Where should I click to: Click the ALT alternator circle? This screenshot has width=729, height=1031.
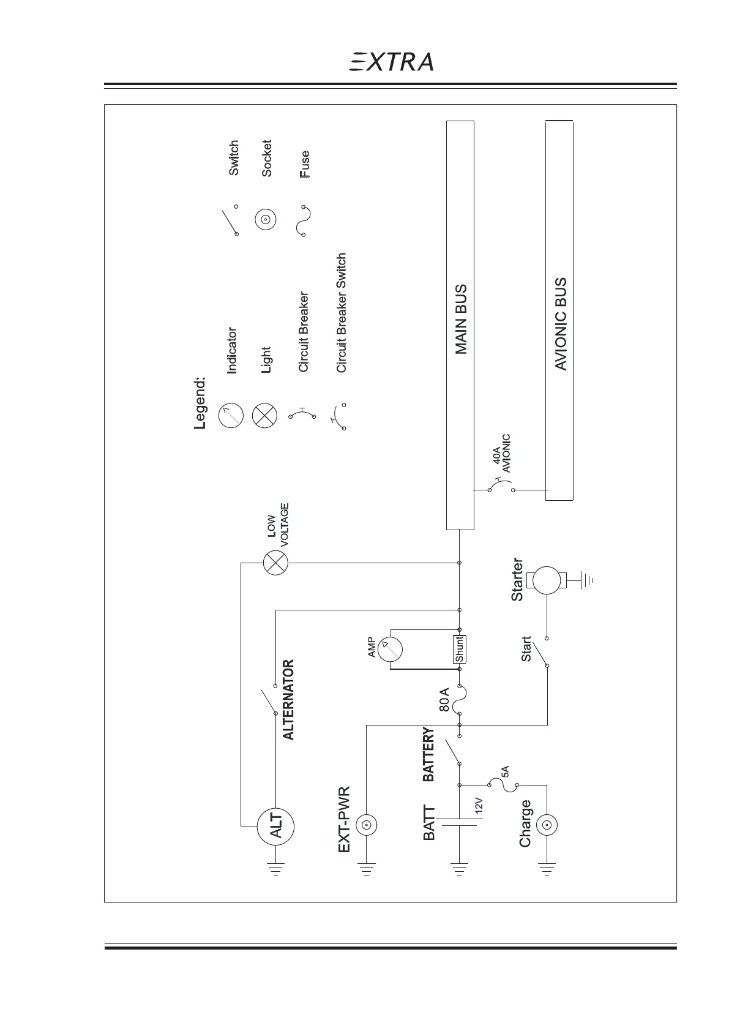click(275, 826)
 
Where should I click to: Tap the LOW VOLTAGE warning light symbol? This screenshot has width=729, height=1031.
click(275, 563)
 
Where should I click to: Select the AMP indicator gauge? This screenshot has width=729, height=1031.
click(389, 649)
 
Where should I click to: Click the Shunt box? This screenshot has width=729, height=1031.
click(459, 649)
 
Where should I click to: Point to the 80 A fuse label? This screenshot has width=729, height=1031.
click(445, 700)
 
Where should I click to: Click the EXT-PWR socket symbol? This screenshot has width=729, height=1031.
click(366, 826)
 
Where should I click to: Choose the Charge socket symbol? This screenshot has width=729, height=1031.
click(546, 826)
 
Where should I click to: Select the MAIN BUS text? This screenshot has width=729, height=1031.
click(461, 319)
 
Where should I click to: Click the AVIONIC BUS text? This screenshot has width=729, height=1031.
click(560, 324)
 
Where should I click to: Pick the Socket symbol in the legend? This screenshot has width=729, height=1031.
click(266, 220)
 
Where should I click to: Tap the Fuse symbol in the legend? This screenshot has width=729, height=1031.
click(304, 220)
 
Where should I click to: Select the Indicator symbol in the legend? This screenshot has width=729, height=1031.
click(231, 416)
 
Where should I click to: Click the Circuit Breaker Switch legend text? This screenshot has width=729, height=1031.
click(342, 313)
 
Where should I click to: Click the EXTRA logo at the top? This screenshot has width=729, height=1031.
click(391, 62)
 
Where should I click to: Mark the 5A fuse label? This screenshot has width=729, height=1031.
click(504, 771)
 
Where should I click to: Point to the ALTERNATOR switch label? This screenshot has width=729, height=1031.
click(288, 699)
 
